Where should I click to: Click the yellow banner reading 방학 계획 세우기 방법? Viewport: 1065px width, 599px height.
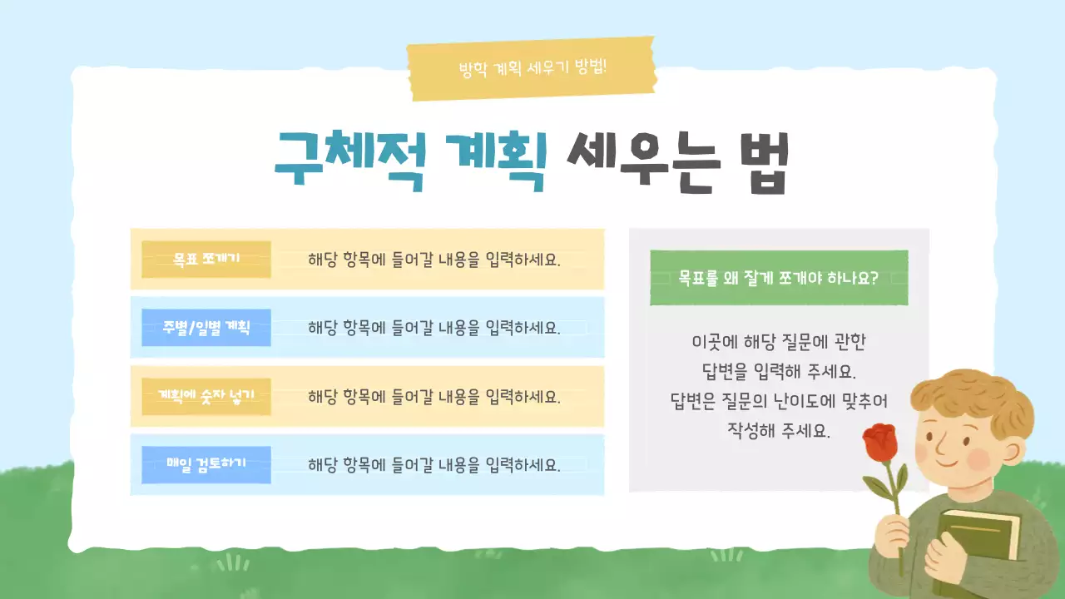[x=532, y=67]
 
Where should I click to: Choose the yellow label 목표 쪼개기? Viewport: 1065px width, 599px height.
[x=206, y=259]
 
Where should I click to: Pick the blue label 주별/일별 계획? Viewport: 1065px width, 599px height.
[x=206, y=328]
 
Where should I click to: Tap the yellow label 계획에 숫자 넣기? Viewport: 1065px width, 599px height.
[x=206, y=396]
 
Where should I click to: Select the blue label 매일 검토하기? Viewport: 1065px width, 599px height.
[x=206, y=464]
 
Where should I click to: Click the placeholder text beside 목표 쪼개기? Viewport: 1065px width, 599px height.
[x=434, y=259]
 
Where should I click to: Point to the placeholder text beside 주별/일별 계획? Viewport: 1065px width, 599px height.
[x=434, y=328]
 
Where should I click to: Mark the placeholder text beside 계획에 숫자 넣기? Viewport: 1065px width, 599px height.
[x=434, y=396]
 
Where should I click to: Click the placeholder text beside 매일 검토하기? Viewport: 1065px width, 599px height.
[x=434, y=464]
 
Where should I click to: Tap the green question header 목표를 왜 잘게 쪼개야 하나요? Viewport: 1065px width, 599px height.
[x=779, y=278]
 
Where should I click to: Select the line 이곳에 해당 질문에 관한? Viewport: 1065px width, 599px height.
[x=779, y=341]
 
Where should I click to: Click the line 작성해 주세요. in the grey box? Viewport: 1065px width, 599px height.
[x=779, y=432]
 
